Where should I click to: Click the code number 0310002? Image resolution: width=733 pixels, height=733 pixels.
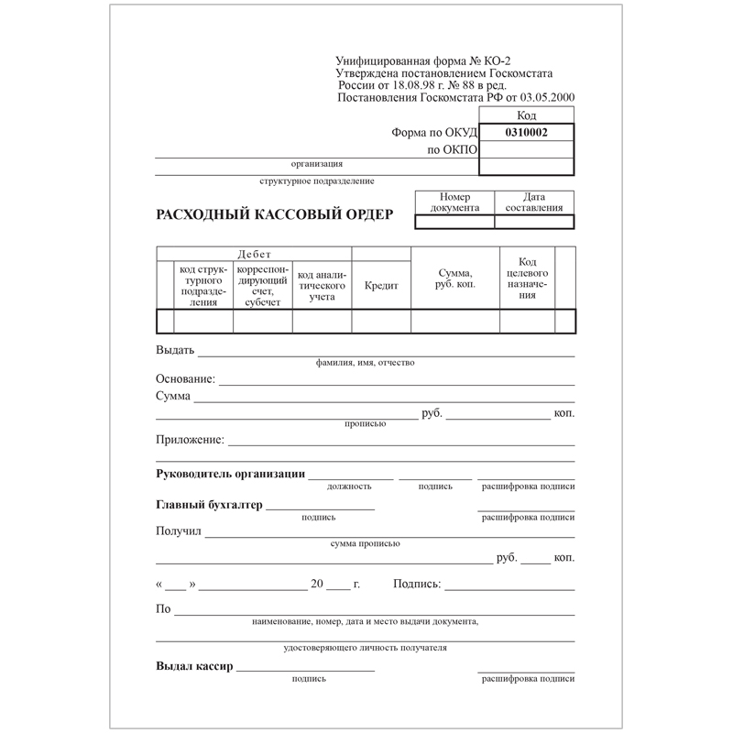click(527, 132)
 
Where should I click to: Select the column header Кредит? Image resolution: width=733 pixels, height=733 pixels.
click(381, 286)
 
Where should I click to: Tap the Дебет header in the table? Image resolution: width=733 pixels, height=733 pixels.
click(254, 254)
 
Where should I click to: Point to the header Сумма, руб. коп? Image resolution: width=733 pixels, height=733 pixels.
click(454, 279)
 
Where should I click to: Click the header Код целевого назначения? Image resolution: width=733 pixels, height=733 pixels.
click(527, 279)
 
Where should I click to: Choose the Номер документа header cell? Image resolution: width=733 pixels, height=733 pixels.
click(454, 202)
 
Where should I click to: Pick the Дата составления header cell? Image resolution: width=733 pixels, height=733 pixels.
click(534, 202)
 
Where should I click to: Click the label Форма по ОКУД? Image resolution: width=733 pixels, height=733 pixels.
click(434, 132)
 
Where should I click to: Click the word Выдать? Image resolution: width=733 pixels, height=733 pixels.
click(175, 350)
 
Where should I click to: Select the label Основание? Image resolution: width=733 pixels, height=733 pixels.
click(186, 378)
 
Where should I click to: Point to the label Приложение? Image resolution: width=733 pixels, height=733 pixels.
click(190, 440)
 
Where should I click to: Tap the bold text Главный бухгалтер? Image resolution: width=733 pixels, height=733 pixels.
click(209, 505)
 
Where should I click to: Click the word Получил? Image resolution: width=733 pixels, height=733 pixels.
click(179, 531)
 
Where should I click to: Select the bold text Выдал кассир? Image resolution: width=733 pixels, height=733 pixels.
click(195, 666)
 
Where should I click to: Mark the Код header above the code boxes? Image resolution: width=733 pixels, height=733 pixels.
click(527, 115)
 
